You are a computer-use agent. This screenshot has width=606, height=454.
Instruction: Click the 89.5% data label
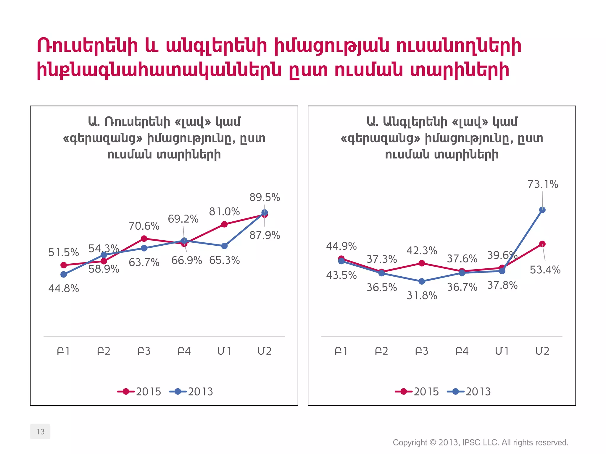265,197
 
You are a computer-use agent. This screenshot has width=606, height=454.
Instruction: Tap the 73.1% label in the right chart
543,184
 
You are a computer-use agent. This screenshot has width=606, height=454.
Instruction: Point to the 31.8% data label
422,296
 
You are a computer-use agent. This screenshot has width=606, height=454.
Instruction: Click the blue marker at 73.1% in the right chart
542,210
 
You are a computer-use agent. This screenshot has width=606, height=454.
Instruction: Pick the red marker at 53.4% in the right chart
542,244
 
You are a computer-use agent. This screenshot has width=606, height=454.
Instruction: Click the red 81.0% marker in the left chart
224,224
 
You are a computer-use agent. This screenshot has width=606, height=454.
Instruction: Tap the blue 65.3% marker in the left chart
224,246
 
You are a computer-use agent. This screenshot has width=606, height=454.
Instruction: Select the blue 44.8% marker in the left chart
64,275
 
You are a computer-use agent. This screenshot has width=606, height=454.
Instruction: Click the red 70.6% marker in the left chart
144,239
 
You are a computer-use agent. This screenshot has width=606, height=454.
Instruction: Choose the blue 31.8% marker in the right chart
422,281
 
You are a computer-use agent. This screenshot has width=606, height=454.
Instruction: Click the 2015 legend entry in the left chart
139,392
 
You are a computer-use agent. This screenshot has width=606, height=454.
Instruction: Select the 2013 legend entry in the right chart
469,392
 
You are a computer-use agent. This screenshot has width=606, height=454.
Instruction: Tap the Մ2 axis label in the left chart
264,351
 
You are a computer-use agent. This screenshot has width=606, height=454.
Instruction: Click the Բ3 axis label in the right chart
422,351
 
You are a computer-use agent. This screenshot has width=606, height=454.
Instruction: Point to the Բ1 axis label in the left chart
63,351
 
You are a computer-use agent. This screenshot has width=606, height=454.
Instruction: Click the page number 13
40,432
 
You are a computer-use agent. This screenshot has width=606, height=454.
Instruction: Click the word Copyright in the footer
410,442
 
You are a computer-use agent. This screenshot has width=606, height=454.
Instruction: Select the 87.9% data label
265,236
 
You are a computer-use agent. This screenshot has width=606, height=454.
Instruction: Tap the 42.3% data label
422,251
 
